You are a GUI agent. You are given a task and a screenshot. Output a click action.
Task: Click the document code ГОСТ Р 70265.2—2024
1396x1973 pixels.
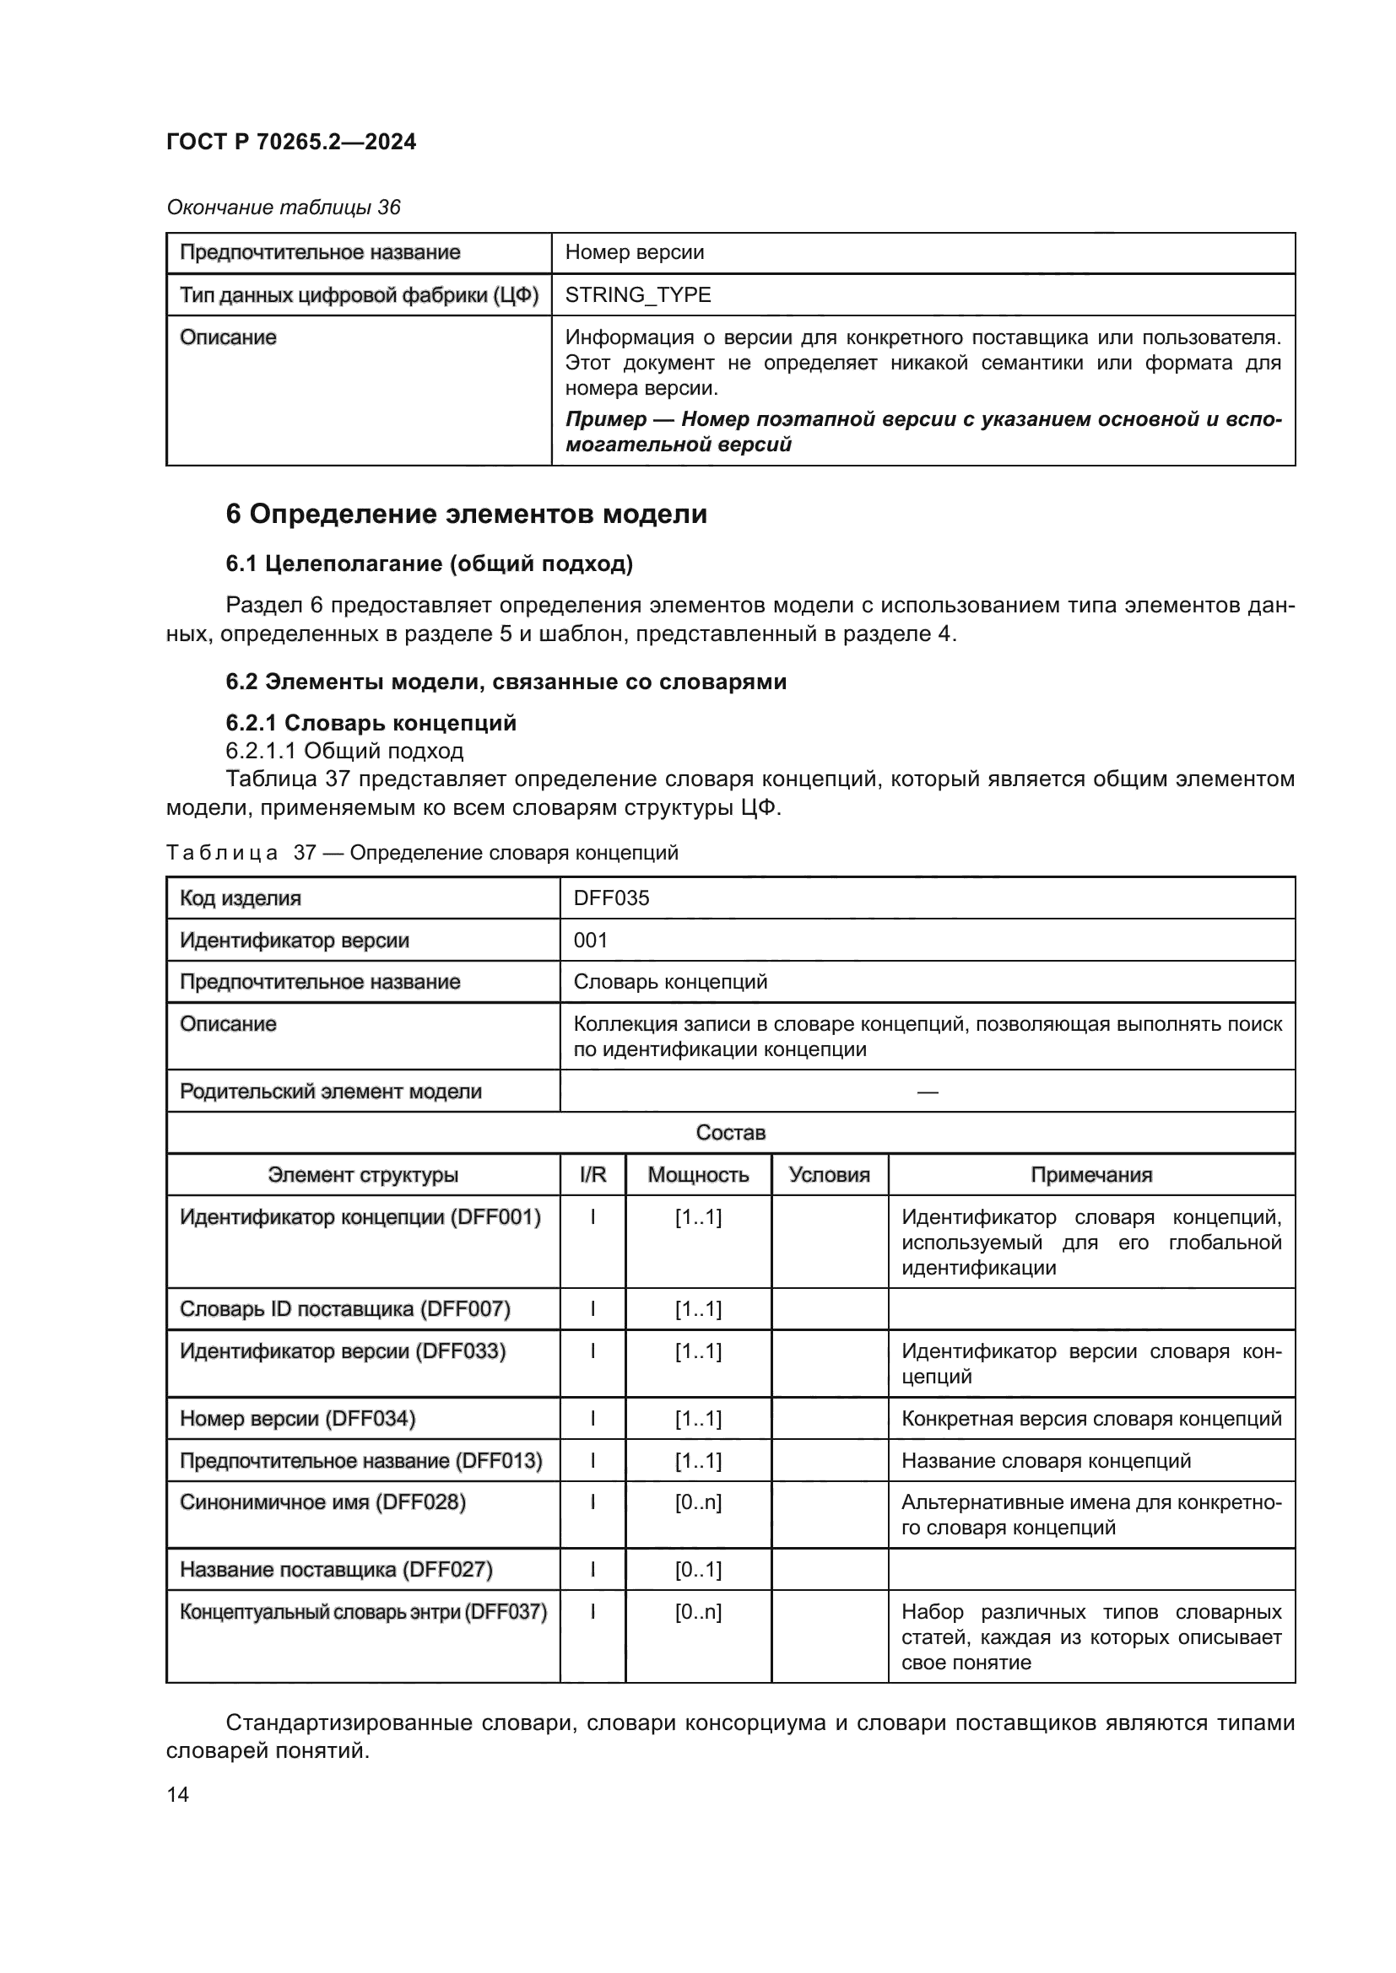point(290,142)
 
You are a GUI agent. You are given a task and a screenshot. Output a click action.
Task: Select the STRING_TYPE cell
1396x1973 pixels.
point(638,294)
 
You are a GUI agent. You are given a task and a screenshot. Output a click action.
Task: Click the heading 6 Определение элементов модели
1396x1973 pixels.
point(466,514)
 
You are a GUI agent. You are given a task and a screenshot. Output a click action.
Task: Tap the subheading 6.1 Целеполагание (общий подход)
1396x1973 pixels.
point(429,563)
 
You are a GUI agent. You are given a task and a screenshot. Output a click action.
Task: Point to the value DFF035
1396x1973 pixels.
point(611,898)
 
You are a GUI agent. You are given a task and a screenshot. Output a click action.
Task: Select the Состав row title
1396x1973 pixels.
point(730,1133)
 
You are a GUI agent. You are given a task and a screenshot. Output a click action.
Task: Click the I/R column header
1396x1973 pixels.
point(592,1175)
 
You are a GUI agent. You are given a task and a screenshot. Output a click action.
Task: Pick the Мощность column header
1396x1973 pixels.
point(698,1175)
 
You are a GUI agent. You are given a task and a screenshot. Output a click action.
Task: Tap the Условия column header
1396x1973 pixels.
point(829,1175)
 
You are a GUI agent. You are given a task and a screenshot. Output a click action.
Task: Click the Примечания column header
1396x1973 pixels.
point(1090,1175)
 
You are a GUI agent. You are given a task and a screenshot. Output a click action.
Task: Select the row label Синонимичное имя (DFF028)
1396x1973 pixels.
point(322,1502)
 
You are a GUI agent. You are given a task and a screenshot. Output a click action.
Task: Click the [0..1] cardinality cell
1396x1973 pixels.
point(698,1570)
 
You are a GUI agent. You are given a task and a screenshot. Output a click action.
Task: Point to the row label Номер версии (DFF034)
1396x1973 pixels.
point(297,1419)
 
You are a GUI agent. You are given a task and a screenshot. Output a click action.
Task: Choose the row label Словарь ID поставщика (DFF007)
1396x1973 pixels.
point(344,1310)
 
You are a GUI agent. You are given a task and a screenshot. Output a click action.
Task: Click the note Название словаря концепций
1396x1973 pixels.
point(1045,1461)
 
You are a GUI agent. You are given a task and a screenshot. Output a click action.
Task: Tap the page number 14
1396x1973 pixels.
point(178,1794)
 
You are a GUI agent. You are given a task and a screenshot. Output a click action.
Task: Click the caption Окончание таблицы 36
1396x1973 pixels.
point(283,208)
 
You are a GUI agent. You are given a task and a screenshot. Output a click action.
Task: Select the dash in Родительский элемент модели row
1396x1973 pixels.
point(927,1092)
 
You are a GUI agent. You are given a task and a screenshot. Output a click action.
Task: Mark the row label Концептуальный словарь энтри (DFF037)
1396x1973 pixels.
point(363,1612)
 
